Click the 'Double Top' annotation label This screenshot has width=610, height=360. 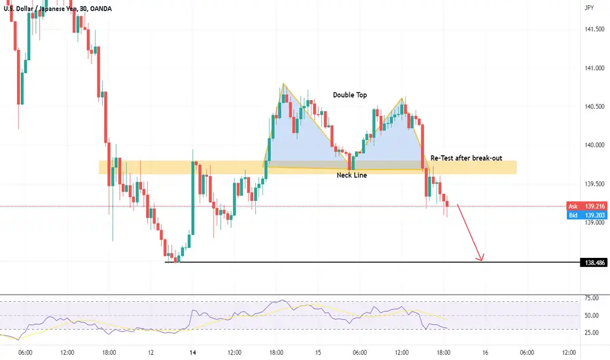(x=350, y=95)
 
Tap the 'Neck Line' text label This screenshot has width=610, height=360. (x=351, y=176)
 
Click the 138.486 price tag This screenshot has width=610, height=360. (x=593, y=262)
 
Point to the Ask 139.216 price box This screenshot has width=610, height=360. (x=586, y=205)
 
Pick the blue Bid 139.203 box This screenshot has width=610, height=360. (x=586, y=214)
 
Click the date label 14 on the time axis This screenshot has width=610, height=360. (x=192, y=351)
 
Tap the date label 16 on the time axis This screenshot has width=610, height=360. (x=485, y=351)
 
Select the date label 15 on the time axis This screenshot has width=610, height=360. (x=317, y=351)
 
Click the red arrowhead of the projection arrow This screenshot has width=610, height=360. (x=482, y=259)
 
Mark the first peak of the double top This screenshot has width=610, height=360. (x=283, y=84)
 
